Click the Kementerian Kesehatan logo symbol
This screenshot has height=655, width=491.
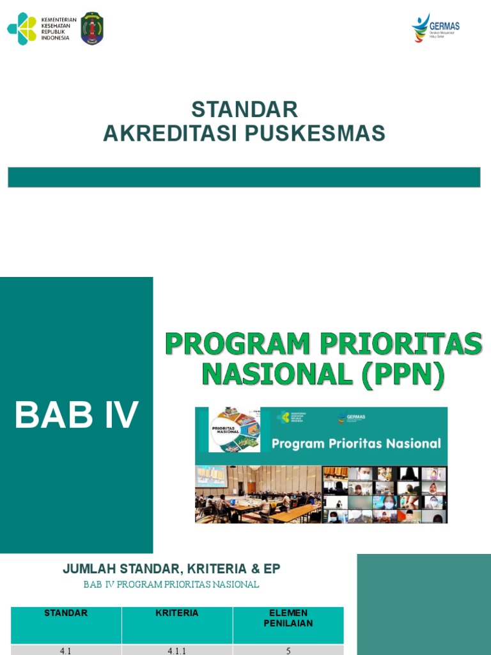click(x=22, y=29)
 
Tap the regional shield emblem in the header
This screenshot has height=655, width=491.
click(x=92, y=29)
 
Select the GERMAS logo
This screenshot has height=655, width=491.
click(x=436, y=28)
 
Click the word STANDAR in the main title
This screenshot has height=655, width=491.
click(x=244, y=109)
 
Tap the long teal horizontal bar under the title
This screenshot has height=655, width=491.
click(x=244, y=177)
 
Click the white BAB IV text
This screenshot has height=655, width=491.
click(x=77, y=415)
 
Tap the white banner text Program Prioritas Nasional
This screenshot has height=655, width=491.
click(x=356, y=443)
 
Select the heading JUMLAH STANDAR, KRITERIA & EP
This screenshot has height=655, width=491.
click(x=171, y=569)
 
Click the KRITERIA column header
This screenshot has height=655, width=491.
click(x=177, y=613)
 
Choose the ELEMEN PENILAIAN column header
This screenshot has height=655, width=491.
click(x=288, y=618)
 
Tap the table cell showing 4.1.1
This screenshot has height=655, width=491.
click(x=177, y=651)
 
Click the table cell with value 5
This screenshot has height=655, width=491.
click(x=288, y=651)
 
